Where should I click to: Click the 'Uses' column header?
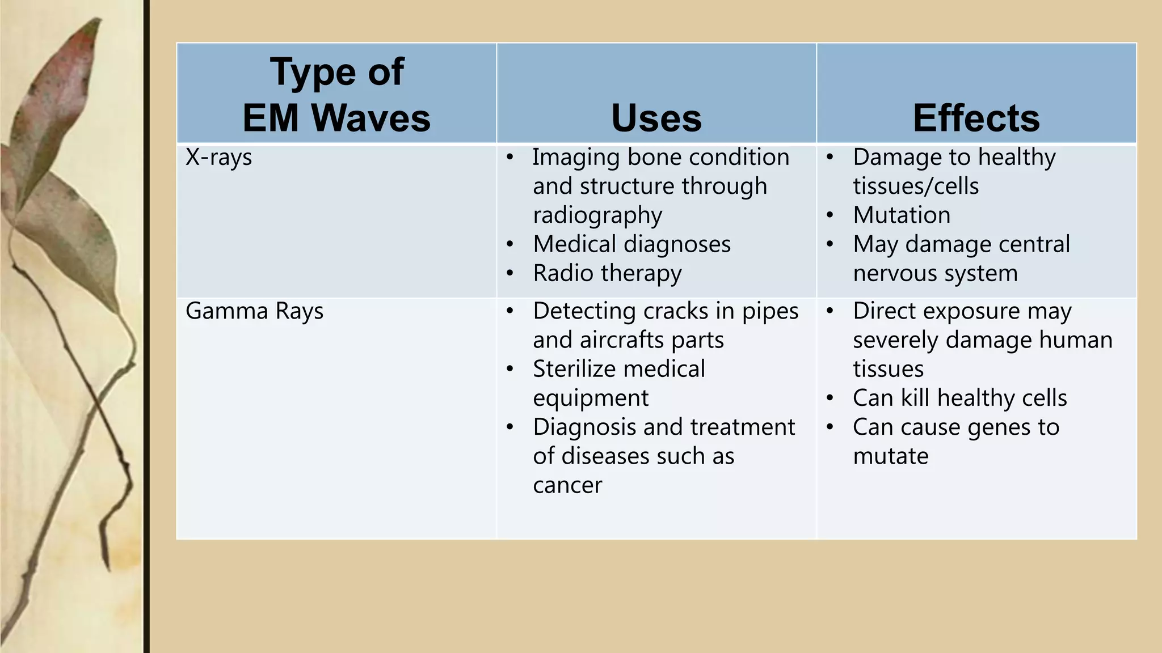(656, 118)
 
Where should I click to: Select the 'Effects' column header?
(976, 118)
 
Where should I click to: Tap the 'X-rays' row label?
(218, 158)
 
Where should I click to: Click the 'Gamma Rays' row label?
(254, 311)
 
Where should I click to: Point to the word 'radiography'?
(597, 215)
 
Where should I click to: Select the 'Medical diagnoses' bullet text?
(631, 244)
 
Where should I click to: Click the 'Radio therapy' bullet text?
(607, 273)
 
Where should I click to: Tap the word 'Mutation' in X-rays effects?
(902, 215)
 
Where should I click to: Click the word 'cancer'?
(567, 485)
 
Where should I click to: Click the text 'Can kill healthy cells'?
(959, 398)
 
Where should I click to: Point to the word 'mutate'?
(890, 456)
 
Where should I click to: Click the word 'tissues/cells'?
(916, 186)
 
